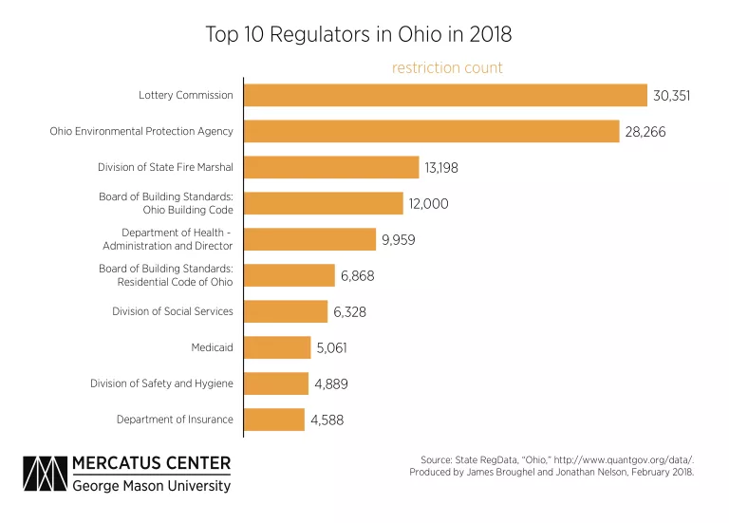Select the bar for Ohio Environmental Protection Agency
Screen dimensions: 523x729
(432, 131)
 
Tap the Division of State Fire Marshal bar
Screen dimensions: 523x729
(331, 167)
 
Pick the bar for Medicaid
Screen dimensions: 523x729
(277, 347)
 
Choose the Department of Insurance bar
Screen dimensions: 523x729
(274, 420)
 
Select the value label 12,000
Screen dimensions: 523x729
(429, 204)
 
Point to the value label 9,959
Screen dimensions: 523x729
(399, 240)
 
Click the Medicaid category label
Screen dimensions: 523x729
(212, 347)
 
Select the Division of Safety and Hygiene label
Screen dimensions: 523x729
(161, 383)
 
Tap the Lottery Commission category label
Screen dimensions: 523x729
(185, 95)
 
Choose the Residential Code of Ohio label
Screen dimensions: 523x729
(175, 282)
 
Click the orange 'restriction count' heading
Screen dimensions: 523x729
(447, 68)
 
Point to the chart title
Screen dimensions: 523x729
(359, 34)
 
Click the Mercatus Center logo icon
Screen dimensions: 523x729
(45, 474)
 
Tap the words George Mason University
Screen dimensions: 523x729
(152, 486)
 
